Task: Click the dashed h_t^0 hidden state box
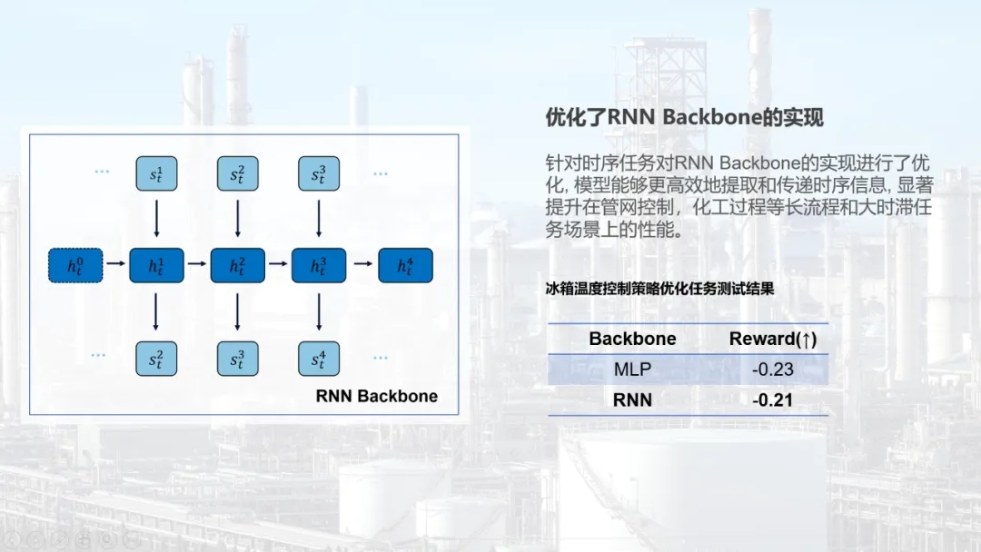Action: point(75,265)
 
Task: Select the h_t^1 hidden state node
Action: point(157,265)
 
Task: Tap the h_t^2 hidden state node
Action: point(237,265)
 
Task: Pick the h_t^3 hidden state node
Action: point(318,265)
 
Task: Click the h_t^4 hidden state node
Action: point(405,265)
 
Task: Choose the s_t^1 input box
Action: point(157,173)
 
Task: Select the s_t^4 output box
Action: point(318,359)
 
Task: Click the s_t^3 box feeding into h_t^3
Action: point(318,173)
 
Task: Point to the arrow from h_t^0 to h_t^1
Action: point(115,265)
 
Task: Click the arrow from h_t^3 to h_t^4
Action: point(362,265)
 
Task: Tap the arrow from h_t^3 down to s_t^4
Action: point(318,311)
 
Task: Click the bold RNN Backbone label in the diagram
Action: point(376,396)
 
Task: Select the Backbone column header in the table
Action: point(632,339)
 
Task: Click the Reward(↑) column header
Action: point(773,339)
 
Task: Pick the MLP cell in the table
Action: point(632,370)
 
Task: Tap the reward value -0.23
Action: point(773,370)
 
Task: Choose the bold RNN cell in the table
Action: point(632,399)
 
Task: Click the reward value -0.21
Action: point(773,399)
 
